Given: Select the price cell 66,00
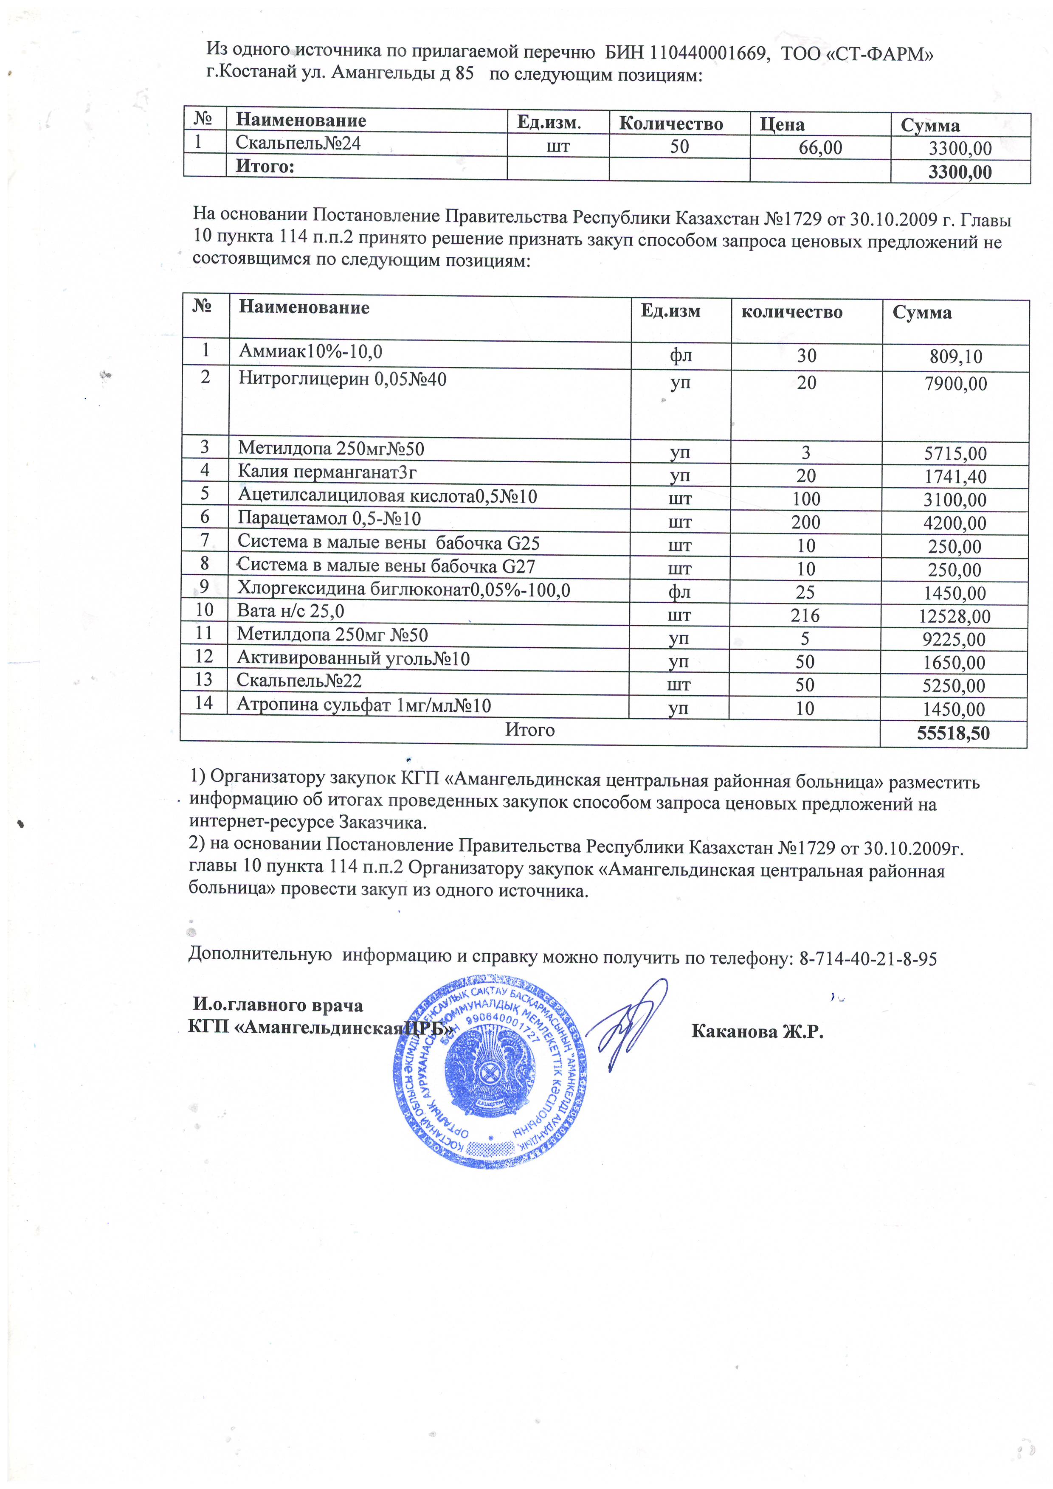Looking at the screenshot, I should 820,148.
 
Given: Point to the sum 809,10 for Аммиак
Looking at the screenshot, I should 955,357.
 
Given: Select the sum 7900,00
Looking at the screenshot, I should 955,384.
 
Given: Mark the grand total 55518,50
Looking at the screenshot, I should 952,733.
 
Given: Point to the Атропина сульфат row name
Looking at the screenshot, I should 363,705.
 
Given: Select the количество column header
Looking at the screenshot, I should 791,312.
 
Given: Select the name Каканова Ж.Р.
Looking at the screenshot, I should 757,1032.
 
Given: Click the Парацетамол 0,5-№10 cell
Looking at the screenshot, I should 329,519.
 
